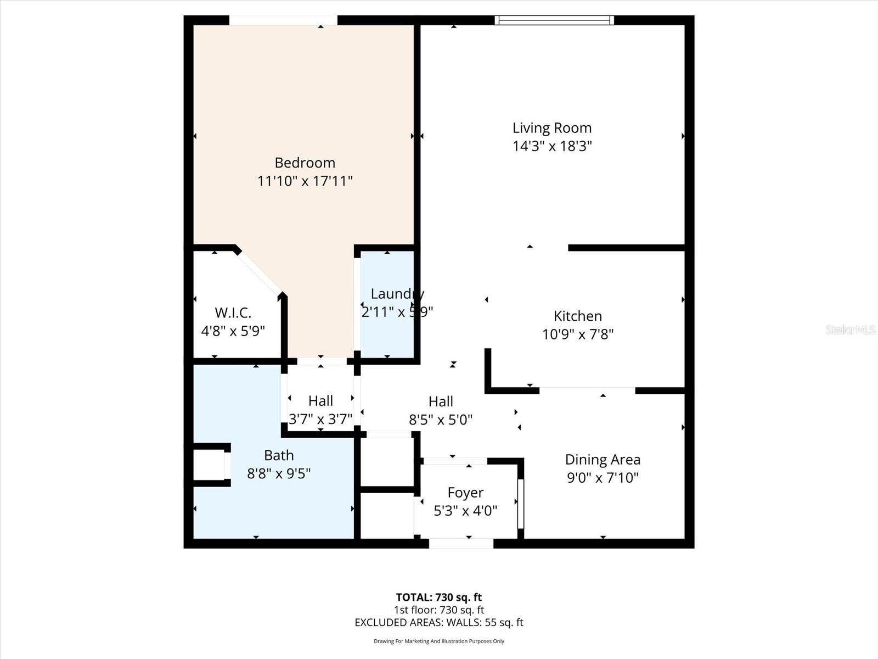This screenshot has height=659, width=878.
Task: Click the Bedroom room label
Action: [305, 163]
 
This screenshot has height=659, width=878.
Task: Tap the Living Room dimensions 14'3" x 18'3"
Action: [552, 146]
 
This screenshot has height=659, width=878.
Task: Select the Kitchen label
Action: [577, 316]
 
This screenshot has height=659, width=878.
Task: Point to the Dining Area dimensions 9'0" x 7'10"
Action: [603, 477]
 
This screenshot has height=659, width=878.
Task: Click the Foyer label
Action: [465, 493]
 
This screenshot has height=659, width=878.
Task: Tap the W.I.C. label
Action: [233, 313]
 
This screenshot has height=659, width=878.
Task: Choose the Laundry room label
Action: [397, 294]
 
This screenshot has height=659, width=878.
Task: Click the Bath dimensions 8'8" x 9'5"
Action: [279, 473]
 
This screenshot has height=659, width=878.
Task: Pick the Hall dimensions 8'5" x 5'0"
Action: [441, 420]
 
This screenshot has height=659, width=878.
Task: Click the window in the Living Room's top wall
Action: [554, 20]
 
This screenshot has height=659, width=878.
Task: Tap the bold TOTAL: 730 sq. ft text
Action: [438, 597]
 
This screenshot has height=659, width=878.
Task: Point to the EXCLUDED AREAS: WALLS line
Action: [438, 622]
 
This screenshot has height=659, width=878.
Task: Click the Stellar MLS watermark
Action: [850, 329]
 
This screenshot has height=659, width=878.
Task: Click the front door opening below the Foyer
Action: [461, 543]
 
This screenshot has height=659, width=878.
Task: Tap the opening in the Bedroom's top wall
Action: [283, 20]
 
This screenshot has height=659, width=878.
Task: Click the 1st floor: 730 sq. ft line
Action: [438, 610]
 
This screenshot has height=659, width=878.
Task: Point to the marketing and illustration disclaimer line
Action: [438, 641]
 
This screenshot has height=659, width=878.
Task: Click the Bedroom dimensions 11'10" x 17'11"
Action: [305, 181]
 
